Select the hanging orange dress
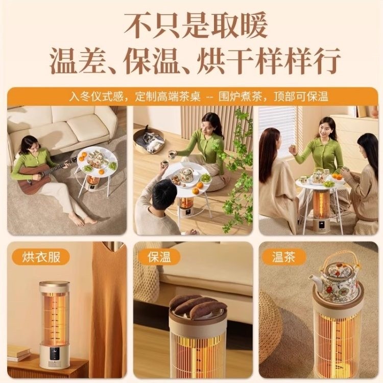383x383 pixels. point(108,306)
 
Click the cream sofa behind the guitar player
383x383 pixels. point(61,125)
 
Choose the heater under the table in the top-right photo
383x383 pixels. point(322,209)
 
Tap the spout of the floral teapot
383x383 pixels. point(315,281)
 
